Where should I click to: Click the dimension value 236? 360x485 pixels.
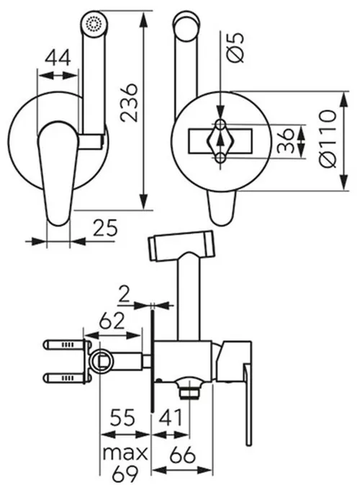(129, 102)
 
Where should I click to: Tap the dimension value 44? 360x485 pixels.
(58, 58)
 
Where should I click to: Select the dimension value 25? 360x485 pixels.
(105, 228)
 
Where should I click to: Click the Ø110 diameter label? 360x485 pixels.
(328, 138)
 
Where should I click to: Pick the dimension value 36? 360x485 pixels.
(285, 141)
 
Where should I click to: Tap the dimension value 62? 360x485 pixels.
(112, 321)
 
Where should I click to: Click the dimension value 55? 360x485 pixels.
(122, 417)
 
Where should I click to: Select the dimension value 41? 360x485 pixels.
(171, 417)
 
